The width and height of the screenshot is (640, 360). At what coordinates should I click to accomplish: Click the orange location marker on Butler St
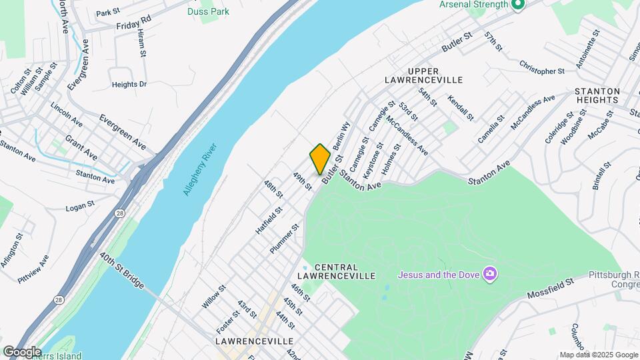point(320,159)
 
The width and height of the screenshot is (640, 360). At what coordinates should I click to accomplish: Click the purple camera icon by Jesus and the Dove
point(491,274)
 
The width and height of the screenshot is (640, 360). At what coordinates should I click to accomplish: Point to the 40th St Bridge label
point(121,270)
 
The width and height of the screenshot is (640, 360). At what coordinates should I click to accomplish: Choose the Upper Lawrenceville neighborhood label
point(423,75)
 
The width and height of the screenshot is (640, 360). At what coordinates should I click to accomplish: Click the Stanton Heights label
point(597,95)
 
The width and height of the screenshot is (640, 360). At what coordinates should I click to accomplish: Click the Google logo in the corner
point(22,352)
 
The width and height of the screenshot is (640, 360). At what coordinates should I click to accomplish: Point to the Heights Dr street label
point(129,85)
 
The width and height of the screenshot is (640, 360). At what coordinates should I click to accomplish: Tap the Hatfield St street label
point(269,219)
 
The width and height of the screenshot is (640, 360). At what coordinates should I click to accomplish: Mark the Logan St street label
point(82,208)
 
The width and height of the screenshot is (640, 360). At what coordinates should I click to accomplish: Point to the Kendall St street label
point(461,107)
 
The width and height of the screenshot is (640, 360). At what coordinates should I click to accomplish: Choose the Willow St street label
point(214,297)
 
